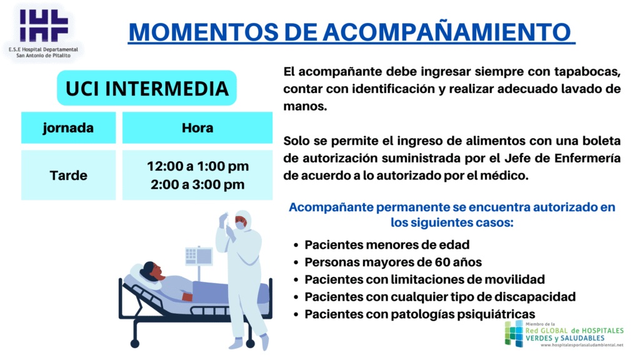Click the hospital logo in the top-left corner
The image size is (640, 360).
pyautogui.click(x=44, y=32)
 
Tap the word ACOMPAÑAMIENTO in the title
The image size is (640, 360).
pyautogui.click(x=447, y=32)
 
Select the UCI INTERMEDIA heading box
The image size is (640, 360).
pyautogui.click(x=147, y=88)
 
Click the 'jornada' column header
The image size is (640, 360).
pyautogui.click(x=69, y=127)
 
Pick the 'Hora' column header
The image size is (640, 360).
pyautogui.click(x=197, y=127)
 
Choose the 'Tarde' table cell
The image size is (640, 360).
pyautogui.click(x=69, y=175)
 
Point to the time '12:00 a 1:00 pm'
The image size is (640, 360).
pyautogui.click(x=197, y=166)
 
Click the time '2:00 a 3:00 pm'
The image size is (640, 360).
pyautogui.click(x=197, y=184)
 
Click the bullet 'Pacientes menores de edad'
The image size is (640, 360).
pyautogui.click(x=387, y=245)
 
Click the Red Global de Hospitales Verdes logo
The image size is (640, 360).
pyautogui.click(x=564, y=334)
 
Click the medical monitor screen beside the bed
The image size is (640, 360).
pyautogui.click(x=199, y=256)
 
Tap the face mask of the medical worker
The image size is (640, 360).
pyautogui.click(x=241, y=225)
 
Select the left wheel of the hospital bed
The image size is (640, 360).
pyautogui.click(x=135, y=344)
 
